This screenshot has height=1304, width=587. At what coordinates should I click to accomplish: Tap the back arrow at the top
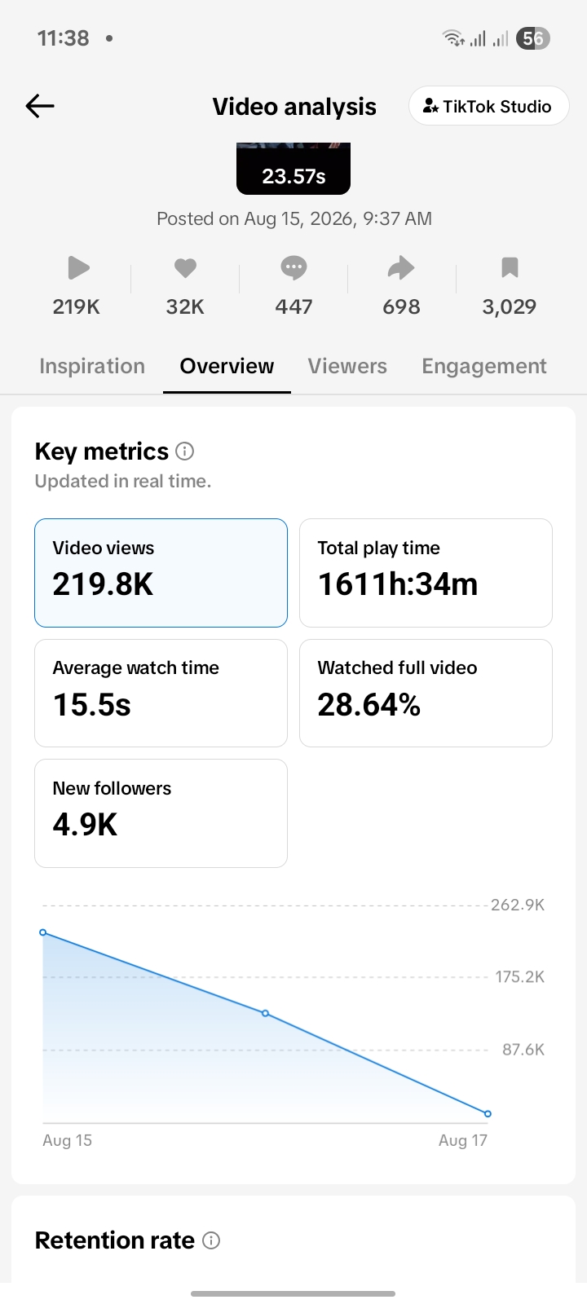point(40,106)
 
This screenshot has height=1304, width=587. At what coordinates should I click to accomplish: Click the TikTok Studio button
point(488,106)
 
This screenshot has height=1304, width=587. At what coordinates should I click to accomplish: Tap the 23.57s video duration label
point(293,176)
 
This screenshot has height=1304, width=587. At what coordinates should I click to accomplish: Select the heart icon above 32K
point(185,268)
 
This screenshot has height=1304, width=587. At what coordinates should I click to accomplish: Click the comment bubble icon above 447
point(293,268)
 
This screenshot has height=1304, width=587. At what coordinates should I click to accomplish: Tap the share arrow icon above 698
point(401,268)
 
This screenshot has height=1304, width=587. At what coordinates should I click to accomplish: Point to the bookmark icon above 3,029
point(510,267)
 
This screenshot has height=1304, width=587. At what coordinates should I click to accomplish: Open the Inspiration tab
point(92,366)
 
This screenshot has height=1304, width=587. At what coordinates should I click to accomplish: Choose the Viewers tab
point(347,366)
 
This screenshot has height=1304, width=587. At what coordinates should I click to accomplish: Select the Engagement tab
point(484,366)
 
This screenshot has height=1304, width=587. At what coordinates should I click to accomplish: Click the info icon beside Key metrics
point(184,452)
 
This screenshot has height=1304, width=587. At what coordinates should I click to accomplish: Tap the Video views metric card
point(161,573)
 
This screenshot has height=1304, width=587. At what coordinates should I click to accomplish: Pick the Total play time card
point(426,573)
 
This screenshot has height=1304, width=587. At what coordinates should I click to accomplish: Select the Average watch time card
point(161,694)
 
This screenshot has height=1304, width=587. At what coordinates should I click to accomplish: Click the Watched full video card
point(426,694)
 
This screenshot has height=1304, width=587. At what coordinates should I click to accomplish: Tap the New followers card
point(161,813)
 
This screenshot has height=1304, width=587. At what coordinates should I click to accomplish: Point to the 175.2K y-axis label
point(519,977)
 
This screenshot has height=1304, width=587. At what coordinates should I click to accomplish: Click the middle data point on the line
point(266,1014)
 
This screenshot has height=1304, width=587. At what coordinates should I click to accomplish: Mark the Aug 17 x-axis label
point(463,1140)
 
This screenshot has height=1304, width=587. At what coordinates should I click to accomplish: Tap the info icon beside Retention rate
point(211,1240)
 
